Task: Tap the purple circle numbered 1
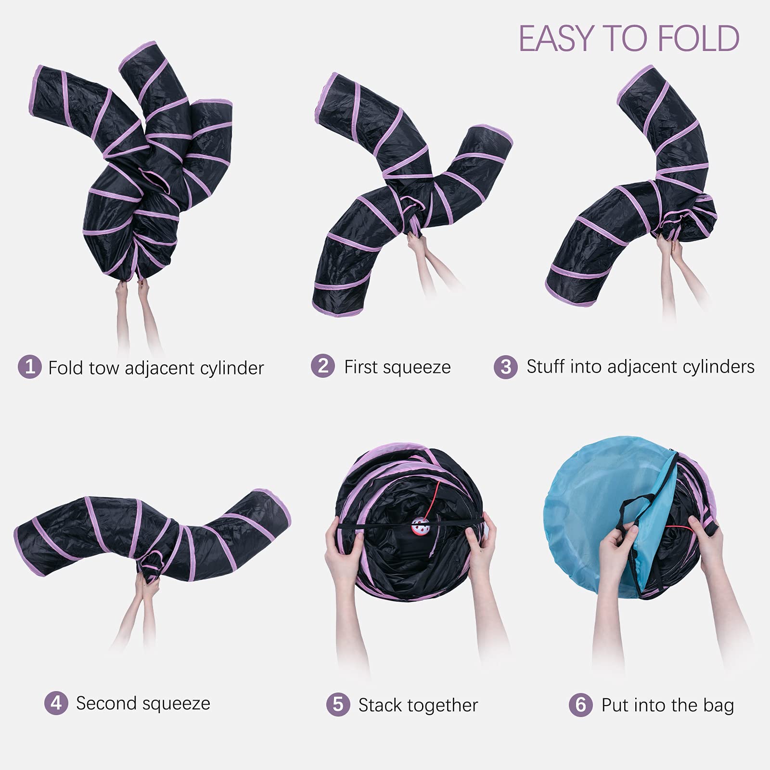pos(30,367)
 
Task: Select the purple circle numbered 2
pos(323,366)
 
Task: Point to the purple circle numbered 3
pos(506,367)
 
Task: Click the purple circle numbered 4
pos(56,703)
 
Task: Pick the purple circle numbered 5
pos(338,705)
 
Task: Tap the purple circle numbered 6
pos(581,705)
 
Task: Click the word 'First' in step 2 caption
pos(360,367)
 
